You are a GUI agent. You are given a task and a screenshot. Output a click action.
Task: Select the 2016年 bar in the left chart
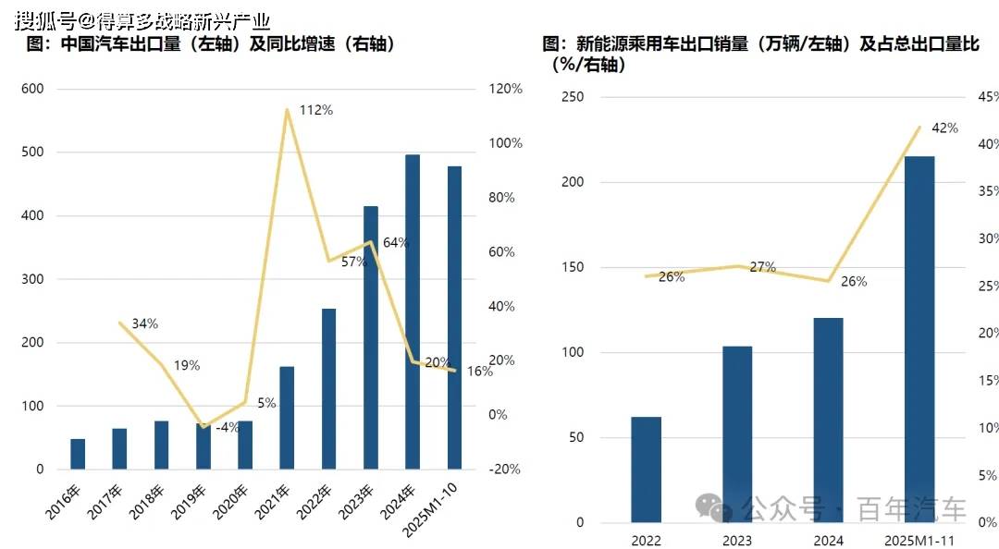pos(78,454)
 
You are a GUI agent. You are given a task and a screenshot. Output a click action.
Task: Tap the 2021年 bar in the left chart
pos(287,418)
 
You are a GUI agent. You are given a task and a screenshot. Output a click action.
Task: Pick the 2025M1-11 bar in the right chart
pos(919,339)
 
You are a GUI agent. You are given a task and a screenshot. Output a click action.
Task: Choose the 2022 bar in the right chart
pos(647,470)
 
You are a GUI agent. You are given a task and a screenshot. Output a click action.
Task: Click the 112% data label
pos(316,110)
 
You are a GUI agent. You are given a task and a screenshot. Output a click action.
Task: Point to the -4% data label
pos(228,428)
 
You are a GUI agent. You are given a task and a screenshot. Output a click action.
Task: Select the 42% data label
pos(944,128)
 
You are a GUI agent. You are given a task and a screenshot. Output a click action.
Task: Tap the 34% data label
pos(144,323)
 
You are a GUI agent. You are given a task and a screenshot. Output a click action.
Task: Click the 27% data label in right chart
pos(762,267)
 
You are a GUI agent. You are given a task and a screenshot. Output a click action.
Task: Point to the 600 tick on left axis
pos(33,89)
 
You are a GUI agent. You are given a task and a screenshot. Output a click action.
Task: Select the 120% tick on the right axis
pos(505,89)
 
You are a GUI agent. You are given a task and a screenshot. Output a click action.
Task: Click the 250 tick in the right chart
pos(573,97)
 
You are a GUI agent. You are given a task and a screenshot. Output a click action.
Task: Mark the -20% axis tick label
pos(505,469)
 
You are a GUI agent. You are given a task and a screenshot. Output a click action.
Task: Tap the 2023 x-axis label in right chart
pos(737,540)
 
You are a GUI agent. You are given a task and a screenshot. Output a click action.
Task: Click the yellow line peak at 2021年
pos(288,110)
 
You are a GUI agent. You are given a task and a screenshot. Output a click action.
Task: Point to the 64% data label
pos(396,242)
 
